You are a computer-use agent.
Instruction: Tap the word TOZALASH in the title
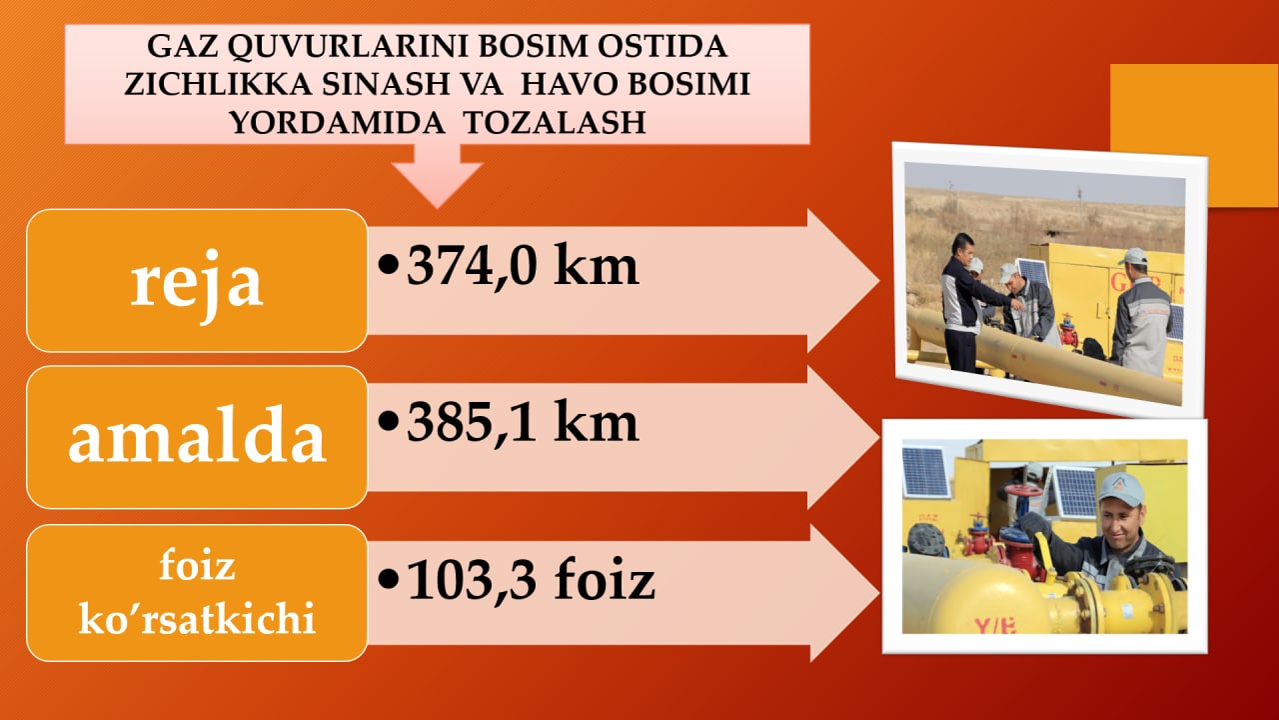pos(555,122)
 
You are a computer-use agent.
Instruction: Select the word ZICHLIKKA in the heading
pos(218,85)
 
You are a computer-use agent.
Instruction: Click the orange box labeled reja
pos(197,281)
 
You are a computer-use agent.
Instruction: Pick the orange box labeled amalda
pos(197,437)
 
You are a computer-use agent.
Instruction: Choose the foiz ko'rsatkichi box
pos(197,593)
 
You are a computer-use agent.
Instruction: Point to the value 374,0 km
pos(522,266)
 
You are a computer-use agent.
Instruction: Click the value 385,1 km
pos(522,422)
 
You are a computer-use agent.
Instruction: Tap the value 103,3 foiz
pos(531,579)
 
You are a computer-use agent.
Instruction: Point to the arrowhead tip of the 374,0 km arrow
pos(879,281)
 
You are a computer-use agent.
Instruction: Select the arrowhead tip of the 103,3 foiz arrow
pos(879,593)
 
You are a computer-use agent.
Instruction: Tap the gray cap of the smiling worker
pos(1121,489)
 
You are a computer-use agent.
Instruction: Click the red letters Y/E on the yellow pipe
pos(995,625)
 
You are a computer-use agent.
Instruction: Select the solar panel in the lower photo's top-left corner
pos(925,473)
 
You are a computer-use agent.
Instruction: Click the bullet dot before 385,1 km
pos(388,422)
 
